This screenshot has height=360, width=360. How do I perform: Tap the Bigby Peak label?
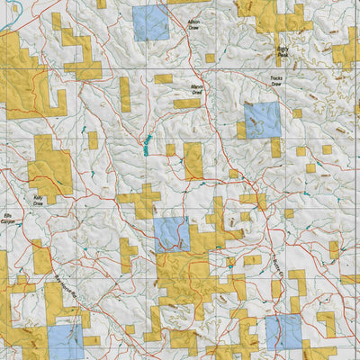[283, 53]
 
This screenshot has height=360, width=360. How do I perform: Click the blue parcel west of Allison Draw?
[150, 22]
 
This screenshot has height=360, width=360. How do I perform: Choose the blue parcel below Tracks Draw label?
[263, 119]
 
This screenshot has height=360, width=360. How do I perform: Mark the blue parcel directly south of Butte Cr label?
[283, 331]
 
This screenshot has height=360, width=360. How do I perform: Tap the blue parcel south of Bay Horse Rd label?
[65, 341]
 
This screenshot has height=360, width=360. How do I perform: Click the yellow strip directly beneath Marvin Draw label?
[187, 103]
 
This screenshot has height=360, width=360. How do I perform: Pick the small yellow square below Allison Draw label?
[210, 58]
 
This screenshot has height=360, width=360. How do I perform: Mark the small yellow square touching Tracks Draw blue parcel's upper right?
[296, 113]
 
